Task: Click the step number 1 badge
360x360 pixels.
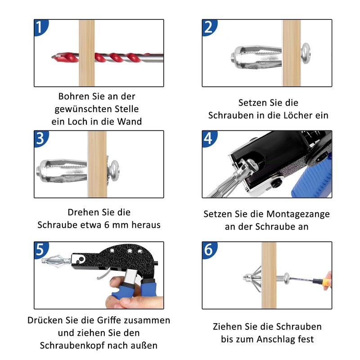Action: point(40,27)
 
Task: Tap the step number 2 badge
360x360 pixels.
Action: point(209,27)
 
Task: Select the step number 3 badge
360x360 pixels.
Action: point(40,139)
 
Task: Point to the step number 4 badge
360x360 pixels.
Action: point(209,139)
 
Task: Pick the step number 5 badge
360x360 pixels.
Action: point(40,250)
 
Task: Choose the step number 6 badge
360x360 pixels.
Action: point(209,250)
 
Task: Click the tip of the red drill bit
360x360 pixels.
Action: point(52,57)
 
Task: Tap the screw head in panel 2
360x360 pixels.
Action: point(306,53)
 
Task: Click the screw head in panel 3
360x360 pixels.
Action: point(114,171)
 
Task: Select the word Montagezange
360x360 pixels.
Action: point(298,215)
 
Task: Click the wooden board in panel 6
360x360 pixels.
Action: point(269,275)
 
